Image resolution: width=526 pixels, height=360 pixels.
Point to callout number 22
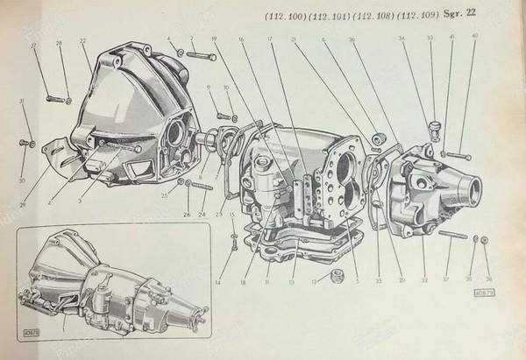point(82,42)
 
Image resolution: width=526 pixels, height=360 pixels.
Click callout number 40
point(475,37)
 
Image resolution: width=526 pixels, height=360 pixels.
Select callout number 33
point(430,39)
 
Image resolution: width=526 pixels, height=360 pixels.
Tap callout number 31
point(21,102)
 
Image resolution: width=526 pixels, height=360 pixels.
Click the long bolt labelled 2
point(201,57)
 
